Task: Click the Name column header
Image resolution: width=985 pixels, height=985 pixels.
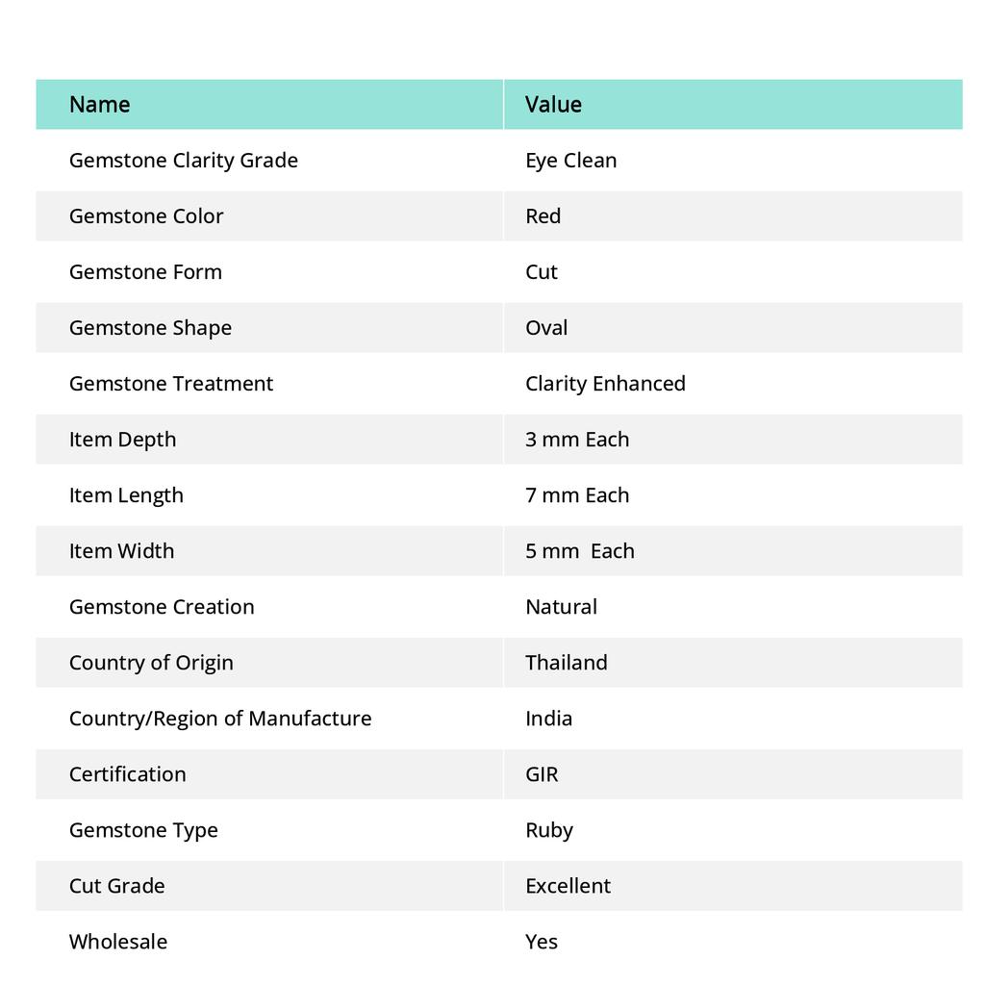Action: (x=99, y=104)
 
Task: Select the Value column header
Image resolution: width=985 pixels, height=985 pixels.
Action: (x=553, y=104)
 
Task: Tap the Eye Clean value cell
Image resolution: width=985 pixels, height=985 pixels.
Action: (x=570, y=160)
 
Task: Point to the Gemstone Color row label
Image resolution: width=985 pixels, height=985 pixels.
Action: (x=146, y=215)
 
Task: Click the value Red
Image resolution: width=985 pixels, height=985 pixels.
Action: (x=543, y=215)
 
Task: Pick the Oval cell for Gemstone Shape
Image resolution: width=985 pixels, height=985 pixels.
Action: (x=546, y=327)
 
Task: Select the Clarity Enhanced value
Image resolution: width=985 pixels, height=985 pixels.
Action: (x=605, y=383)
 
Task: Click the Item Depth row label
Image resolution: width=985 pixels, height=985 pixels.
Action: (x=122, y=439)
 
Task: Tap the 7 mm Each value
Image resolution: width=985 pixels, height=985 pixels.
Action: (x=577, y=494)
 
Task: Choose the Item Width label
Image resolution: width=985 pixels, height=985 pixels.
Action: (x=121, y=550)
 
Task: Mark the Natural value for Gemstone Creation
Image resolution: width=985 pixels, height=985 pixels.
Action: (x=561, y=606)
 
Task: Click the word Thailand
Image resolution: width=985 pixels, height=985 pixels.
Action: (x=566, y=662)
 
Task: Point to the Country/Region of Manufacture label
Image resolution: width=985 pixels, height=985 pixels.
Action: (x=219, y=718)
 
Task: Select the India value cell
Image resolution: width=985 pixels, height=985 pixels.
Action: (x=548, y=718)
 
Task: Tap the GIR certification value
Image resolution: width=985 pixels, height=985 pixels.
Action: (x=542, y=773)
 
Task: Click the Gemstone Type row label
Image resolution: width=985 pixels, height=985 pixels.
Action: (x=143, y=829)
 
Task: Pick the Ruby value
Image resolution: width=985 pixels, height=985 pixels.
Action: (x=548, y=829)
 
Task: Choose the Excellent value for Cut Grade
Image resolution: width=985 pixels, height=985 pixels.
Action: (x=568, y=885)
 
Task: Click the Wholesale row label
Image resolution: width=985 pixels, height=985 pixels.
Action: (x=117, y=941)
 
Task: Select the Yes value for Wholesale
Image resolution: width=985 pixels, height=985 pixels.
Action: (x=541, y=941)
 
